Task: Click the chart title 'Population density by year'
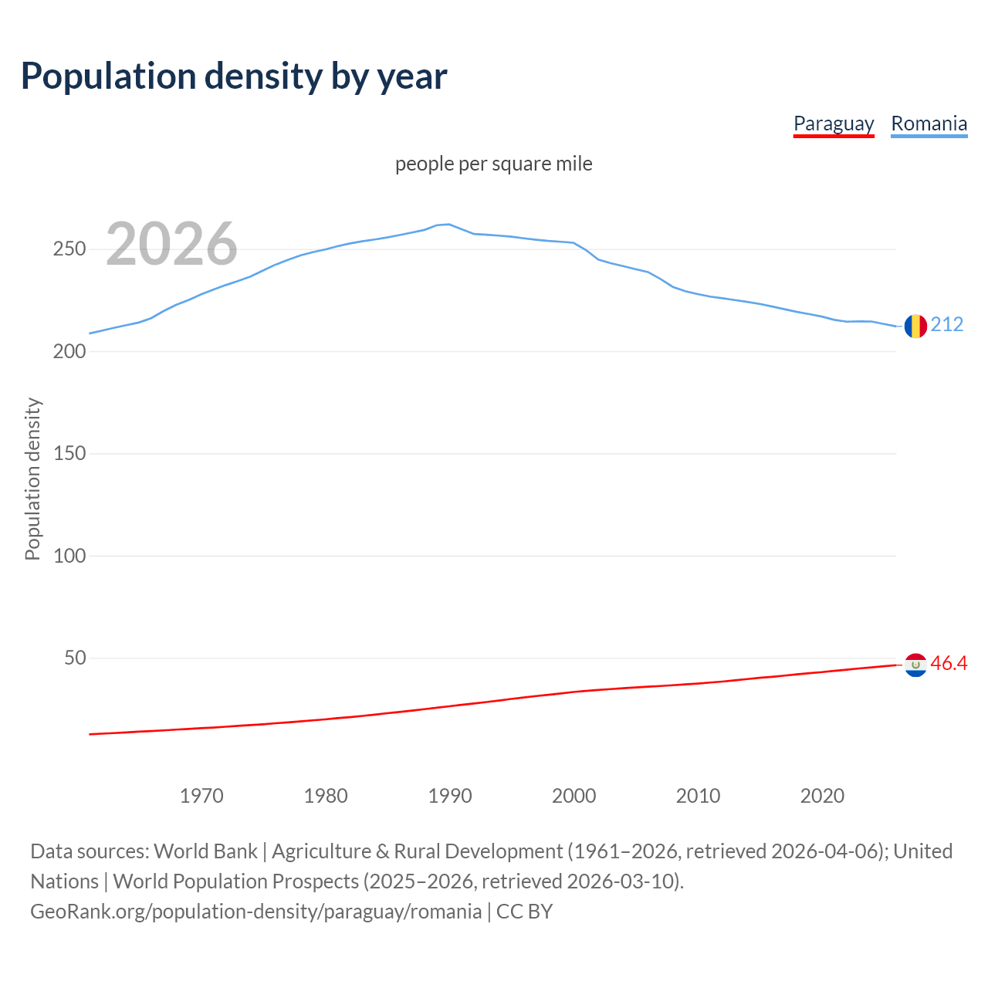tap(234, 76)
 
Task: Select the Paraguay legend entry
tap(834, 123)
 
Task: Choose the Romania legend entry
tap(929, 123)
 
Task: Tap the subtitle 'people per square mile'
tap(494, 164)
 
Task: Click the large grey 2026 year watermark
tap(171, 244)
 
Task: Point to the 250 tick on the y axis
tap(69, 249)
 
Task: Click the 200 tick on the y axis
tap(69, 351)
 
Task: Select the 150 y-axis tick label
tap(69, 454)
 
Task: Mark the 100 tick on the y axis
tap(69, 556)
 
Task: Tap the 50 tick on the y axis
tap(75, 658)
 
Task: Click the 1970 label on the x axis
tap(201, 796)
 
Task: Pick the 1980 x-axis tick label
tap(326, 796)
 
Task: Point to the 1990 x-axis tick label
tap(450, 796)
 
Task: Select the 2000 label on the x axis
tap(574, 796)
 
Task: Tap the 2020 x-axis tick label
tap(822, 796)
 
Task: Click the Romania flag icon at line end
tap(915, 327)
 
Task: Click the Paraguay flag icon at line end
tap(915, 665)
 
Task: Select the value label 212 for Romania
tap(947, 325)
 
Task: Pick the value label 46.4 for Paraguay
tap(949, 664)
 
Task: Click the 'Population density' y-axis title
tap(32, 479)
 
